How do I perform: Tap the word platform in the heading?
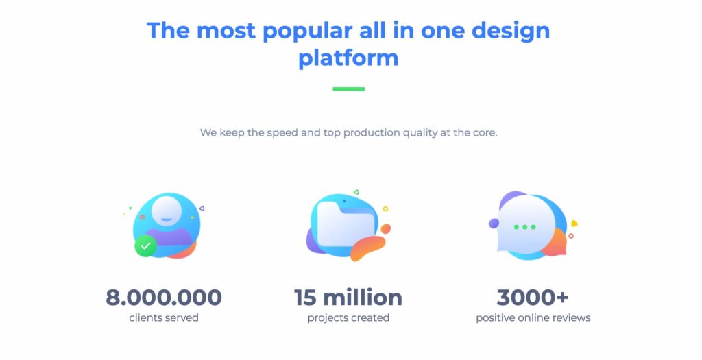pyautogui.click(x=348, y=58)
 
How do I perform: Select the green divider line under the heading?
pyautogui.click(x=349, y=88)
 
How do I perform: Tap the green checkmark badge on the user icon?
pyautogui.click(x=145, y=245)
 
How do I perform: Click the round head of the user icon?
pyautogui.click(x=167, y=211)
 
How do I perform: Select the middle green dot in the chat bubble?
pyautogui.click(x=524, y=227)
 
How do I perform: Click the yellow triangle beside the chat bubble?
pyautogui.click(x=574, y=224)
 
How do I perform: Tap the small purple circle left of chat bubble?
pyautogui.click(x=494, y=223)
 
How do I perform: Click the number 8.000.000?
pyautogui.click(x=164, y=298)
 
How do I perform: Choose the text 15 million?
pyautogui.click(x=348, y=298)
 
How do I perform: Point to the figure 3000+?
pyautogui.click(x=533, y=298)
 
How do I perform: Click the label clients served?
pyautogui.click(x=164, y=318)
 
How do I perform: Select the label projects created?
pyautogui.click(x=348, y=318)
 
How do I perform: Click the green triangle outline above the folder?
pyautogui.click(x=356, y=192)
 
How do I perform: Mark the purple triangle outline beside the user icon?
pyautogui.click(x=202, y=208)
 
